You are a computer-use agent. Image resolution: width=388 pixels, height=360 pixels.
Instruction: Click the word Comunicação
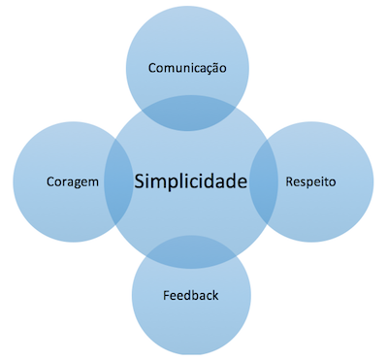click(x=187, y=68)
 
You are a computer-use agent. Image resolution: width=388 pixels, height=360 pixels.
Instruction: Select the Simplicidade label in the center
click(x=191, y=181)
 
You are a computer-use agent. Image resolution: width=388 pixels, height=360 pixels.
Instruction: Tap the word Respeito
click(x=311, y=181)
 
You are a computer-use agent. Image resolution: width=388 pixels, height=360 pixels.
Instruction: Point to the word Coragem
click(x=73, y=181)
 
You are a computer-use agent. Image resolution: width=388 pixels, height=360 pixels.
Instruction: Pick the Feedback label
click(x=190, y=293)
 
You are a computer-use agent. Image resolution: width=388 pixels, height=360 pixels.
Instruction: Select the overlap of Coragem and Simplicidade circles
click(x=118, y=181)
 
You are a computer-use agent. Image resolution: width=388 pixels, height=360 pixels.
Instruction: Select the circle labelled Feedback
click(x=190, y=320)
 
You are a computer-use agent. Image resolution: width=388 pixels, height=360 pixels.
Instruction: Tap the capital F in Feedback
click(x=164, y=293)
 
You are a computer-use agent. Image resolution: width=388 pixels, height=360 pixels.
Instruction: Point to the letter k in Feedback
click(x=216, y=293)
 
